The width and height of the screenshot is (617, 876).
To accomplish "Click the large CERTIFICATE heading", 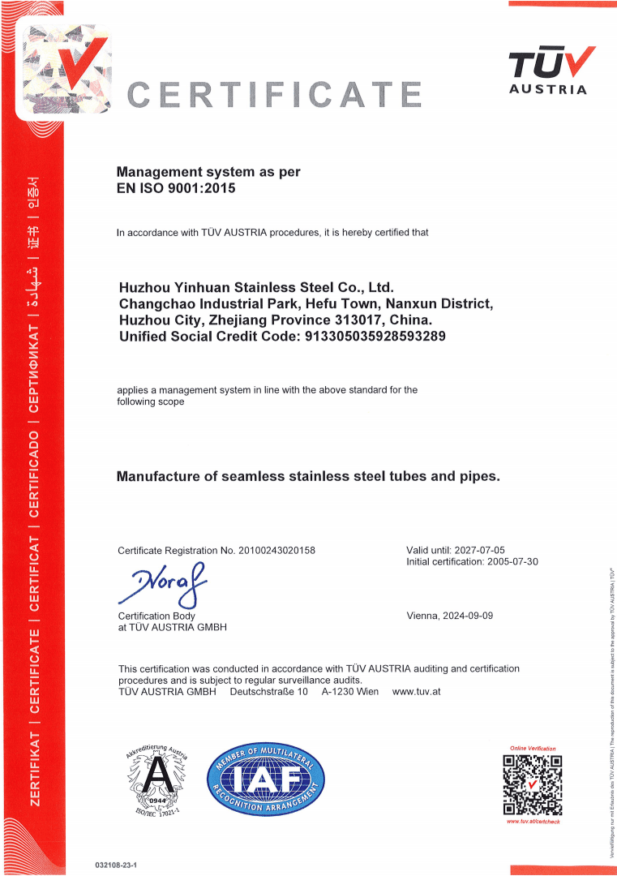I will [x=275, y=95].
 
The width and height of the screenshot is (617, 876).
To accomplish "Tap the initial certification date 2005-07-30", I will [x=512, y=561].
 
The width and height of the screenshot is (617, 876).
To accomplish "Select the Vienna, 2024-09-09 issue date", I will [x=449, y=616].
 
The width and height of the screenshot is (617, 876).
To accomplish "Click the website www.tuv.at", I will [x=416, y=692].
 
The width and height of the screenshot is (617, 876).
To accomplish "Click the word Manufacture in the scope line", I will [x=158, y=476].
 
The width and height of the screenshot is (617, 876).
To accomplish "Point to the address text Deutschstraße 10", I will [x=268, y=692].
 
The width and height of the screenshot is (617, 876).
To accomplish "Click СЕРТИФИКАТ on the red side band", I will [x=34, y=370].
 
